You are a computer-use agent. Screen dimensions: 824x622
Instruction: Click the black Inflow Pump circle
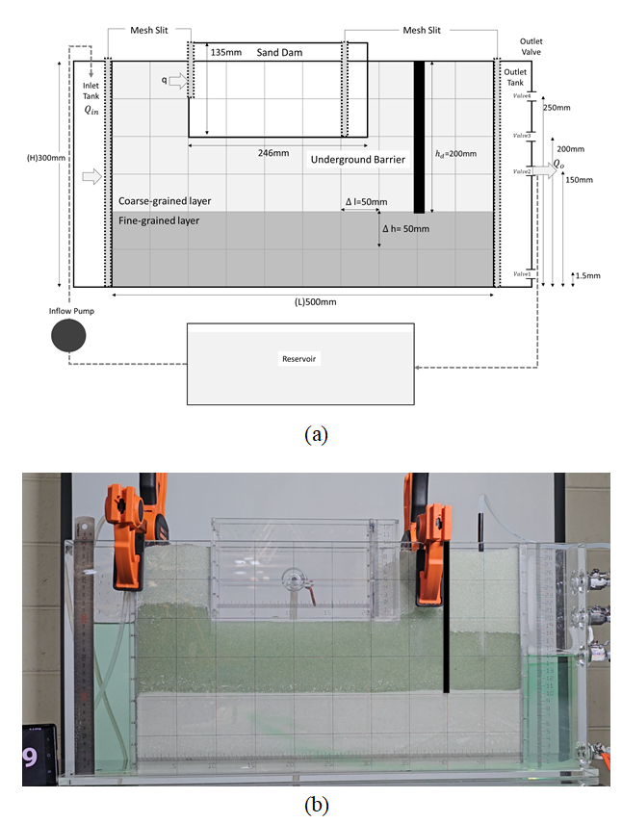tap(68, 336)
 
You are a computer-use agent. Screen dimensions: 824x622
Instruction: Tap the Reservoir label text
tap(299, 358)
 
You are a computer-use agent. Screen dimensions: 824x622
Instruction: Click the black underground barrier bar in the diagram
tap(419, 137)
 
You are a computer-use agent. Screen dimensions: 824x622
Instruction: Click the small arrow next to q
tap(179, 83)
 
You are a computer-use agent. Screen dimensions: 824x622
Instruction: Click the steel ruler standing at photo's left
tap(84, 645)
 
